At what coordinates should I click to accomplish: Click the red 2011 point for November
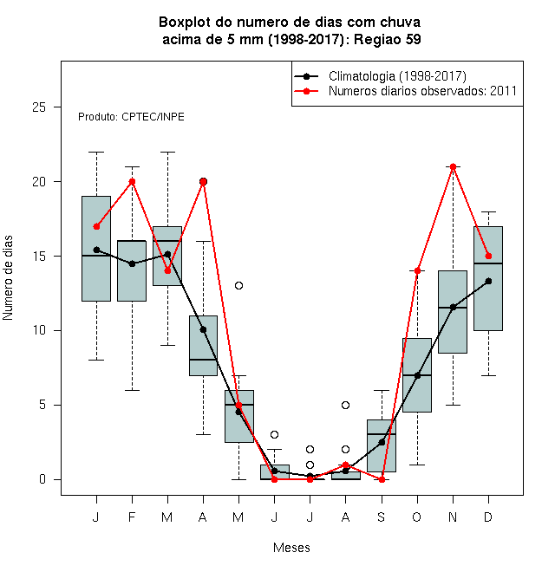click(x=453, y=166)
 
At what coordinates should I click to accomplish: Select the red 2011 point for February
click(x=132, y=182)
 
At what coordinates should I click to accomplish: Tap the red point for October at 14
click(x=417, y=270)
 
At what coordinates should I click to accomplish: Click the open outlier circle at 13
click(x=238, y=286)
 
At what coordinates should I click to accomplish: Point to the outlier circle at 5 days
click(x=345, y=405)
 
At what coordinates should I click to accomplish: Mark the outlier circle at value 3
click(x=274, y=434)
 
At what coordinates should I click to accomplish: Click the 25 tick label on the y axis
click(x=39, y=107)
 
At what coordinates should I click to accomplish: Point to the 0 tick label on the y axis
click(x=42, y=479)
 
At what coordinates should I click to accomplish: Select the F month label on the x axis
click(x=132, y=517)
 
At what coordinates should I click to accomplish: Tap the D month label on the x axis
click(x=488, y=517)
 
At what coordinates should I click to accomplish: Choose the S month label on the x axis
click(x=382, y=517)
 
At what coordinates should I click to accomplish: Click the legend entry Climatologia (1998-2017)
click(x=397, y=76)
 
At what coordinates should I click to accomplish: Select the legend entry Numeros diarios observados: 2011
click(x=422, y=91)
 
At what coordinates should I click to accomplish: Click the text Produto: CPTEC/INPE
click(x=131, y=117)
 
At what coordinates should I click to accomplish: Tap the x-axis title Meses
click(x=291, y=548)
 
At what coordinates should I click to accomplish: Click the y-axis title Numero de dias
click(x=8, y=278)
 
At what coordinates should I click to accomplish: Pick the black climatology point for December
click(x=488, y=281)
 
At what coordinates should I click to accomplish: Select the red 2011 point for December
click(x=488, y=256)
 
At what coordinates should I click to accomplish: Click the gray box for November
click(x=453, y=312)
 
